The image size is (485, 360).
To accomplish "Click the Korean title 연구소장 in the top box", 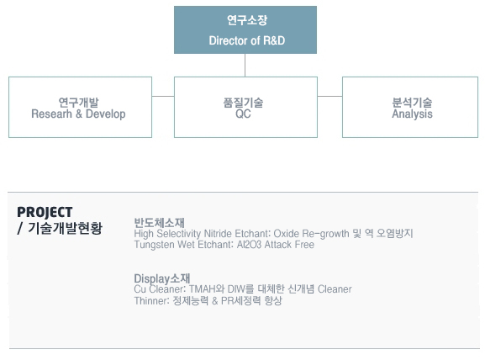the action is (x=247, y=20).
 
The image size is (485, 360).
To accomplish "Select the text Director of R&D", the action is (x=247, y=40).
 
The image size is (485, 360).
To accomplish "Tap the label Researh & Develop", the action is (x=78, y=114).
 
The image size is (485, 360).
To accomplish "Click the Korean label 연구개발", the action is (x=78, y=103).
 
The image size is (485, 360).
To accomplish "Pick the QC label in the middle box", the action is (x=243, y=114).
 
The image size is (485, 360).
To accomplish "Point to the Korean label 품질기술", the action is (x=243, y=103).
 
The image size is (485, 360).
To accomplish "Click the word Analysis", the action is (x=412, y=114).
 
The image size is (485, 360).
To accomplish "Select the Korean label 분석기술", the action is (x=412, y=103).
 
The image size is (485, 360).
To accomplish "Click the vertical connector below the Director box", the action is (x=245, y=66).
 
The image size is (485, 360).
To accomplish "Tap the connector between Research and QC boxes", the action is (x=163, y=96).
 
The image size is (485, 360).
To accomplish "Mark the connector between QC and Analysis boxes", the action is (x=329, y=96).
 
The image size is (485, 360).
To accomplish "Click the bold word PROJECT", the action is (x=45, y=212).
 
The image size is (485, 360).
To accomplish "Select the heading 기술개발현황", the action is (x=66, y=228).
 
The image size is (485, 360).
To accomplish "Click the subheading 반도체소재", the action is (x=160, y=223).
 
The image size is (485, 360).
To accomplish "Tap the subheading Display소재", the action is (x=162, y=278).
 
